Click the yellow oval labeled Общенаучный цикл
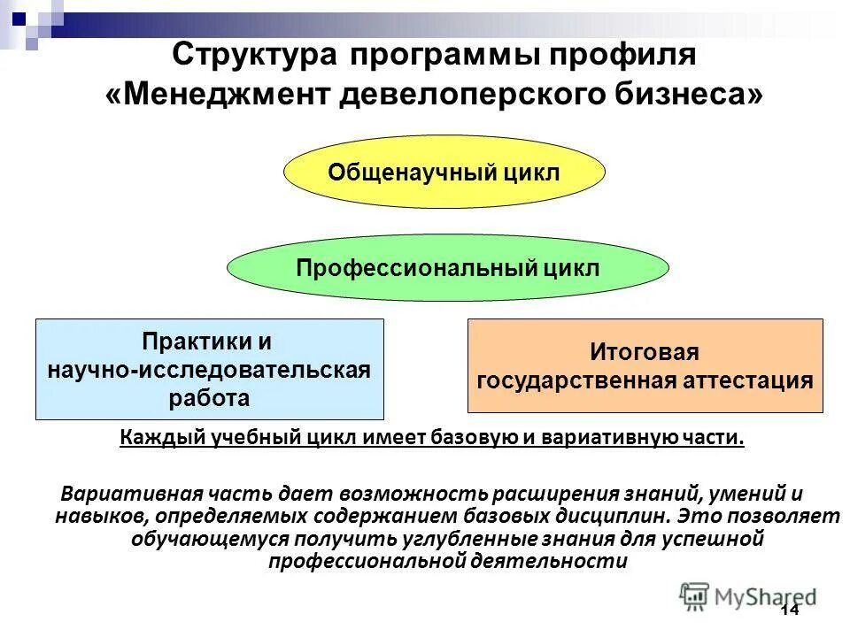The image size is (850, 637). click(x=444, y=172)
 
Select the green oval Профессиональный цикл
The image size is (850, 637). click(x=448, y=267)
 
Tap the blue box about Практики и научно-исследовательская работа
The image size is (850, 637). click(x=210, y=369)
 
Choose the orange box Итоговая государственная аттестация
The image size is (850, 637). click(x=645, y=366)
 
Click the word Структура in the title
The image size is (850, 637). click(x=252, y=56)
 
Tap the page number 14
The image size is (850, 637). click(x=789, y=612)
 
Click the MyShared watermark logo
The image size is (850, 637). click(x=749, y=595)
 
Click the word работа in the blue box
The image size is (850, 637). click(x=209, y=397)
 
